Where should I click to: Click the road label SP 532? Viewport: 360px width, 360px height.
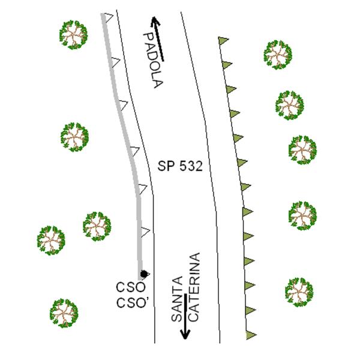[180, 166]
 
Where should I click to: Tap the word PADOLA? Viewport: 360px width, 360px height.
[153, 60]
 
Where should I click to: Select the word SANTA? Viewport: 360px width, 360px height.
[178, 299]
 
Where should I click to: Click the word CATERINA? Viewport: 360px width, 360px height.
[194, 287]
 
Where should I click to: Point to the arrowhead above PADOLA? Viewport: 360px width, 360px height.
[155, 21]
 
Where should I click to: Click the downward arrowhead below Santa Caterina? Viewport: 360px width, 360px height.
[185, 334]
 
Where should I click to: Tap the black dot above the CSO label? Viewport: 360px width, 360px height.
[144, 274]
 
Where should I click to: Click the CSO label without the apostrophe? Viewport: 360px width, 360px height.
[131, 287]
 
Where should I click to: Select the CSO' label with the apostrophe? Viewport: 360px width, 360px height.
[131, 303]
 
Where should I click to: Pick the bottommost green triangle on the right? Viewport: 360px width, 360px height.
[250, 335]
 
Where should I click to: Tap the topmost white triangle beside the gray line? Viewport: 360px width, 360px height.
[109, 17]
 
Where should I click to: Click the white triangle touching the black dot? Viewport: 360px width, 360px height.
[146, 274]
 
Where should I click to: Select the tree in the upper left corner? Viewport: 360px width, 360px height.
[73, 35]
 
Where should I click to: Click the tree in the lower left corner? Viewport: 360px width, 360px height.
[64, 313]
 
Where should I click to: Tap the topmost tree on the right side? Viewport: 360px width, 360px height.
[278, 55]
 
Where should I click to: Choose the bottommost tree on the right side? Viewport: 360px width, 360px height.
[299, 292]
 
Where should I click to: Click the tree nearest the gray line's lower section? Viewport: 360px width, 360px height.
[97, 226]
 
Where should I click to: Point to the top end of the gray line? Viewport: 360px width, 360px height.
[103, 14]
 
